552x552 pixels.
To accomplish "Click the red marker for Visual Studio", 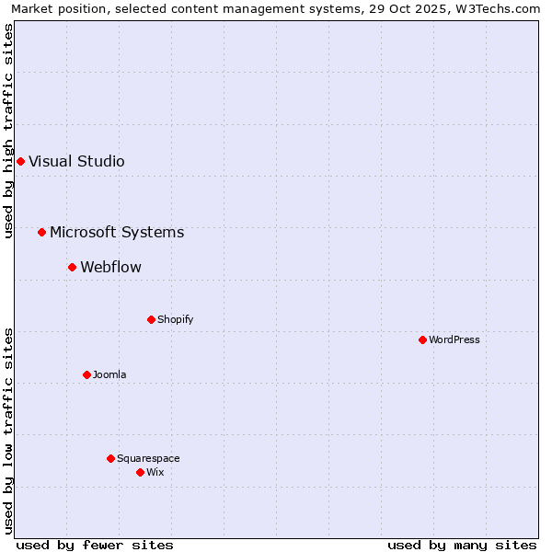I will tap(20, 161).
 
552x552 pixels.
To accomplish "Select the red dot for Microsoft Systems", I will tap(41, 232).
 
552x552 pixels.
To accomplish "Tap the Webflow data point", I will tap(72, 267).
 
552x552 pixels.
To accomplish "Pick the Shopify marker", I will tap(151, 319).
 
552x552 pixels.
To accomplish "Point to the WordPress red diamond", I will tap(422, 339).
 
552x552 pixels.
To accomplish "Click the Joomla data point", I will tap(86, 374).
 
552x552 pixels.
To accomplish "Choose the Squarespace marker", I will tap(110, 458).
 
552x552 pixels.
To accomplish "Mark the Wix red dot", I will tap(140, 472).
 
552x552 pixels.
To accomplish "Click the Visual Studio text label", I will tap(76, 161).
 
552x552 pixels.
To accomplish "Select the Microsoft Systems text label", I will tap(117, 232).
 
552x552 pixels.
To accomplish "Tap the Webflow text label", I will tap(110, 267).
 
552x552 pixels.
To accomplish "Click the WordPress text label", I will tap(454, 339).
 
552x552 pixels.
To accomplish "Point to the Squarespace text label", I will tap(148, 458).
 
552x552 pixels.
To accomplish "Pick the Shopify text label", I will tap(175, 319).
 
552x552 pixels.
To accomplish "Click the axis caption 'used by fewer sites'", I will tap(95, 545).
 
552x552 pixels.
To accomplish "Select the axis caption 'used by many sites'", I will tap(462, 545).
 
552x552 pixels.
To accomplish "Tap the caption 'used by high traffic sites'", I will tap(8, 131).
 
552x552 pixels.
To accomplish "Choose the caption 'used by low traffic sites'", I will tap(8, 431).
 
